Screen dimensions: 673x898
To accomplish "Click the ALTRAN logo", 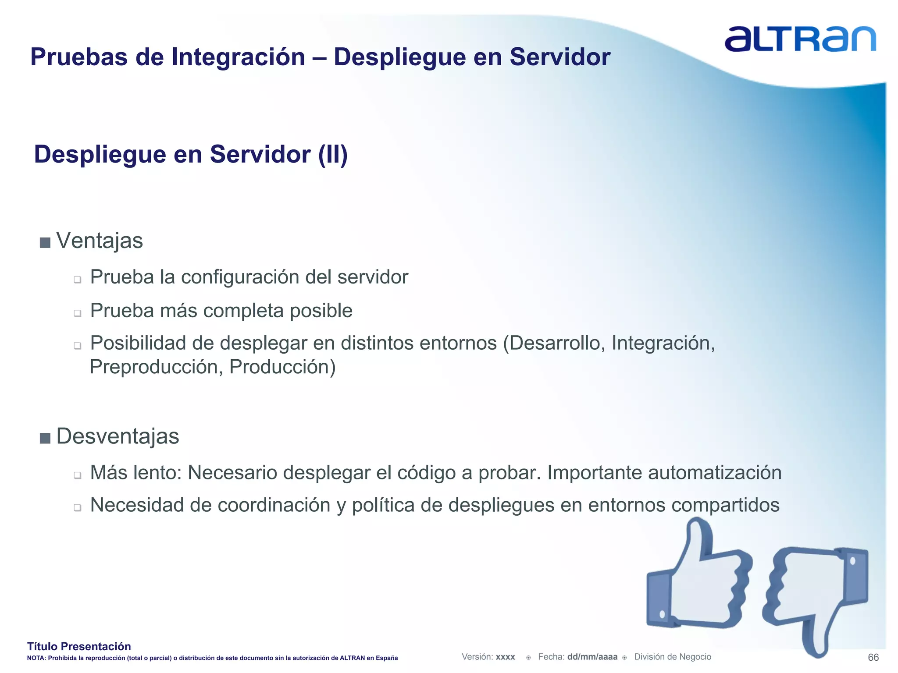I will point(800,39).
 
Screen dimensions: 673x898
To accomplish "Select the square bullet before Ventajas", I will point(45,242).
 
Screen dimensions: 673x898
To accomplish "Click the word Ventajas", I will point(100,241).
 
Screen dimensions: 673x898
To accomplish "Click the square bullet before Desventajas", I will point(45,438).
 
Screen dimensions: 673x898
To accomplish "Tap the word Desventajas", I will point(118,436).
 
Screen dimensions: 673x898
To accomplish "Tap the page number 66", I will point(873,657).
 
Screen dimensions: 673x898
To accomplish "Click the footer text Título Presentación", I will point(79,646).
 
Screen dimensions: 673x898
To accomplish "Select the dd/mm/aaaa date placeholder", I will point(592,657).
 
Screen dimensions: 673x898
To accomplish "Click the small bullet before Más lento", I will point(78,475).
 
